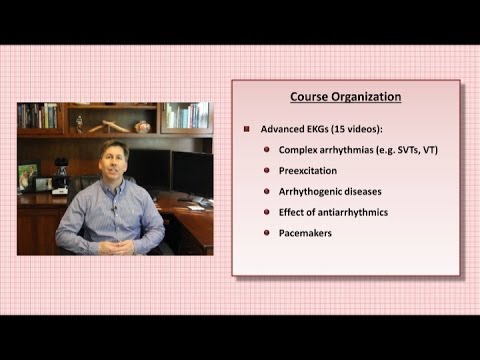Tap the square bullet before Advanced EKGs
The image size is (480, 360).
point(247,130)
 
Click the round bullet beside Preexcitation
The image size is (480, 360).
point(268,170)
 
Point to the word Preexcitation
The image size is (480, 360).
point(309,171)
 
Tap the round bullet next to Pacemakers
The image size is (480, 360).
point(268,233)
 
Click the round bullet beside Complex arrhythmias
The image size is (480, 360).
point(268,150)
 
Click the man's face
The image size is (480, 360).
point(113,162)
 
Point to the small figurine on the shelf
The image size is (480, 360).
point(79,123)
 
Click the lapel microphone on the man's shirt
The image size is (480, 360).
point(113,207)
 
